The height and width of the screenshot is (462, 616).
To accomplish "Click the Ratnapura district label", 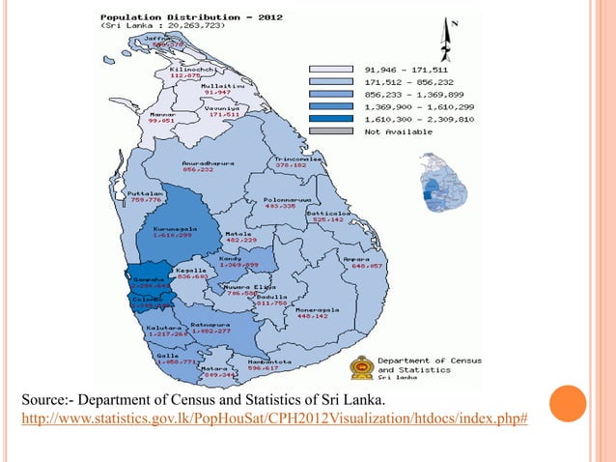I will coord(210,324).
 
